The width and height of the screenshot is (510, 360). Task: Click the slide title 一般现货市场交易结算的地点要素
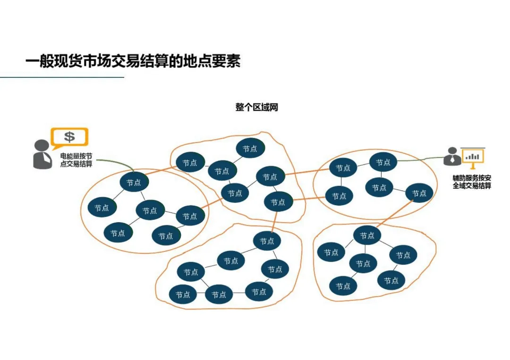[x=133, y=62]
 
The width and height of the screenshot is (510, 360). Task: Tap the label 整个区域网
[x=256, y=107]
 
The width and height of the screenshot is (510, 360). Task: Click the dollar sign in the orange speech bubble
[x=69, y=137]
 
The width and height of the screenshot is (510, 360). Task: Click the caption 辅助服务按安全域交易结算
[x=472, y=182]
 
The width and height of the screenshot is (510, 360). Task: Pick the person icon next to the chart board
[x=452, y=157]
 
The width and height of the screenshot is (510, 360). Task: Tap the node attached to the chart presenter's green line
[x=383, y=163]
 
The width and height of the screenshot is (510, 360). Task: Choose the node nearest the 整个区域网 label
[x=250, y=149]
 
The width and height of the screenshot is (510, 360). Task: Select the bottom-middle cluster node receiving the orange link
[x=267, y=241]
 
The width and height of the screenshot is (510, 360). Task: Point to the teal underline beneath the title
[x=61, y=77]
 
